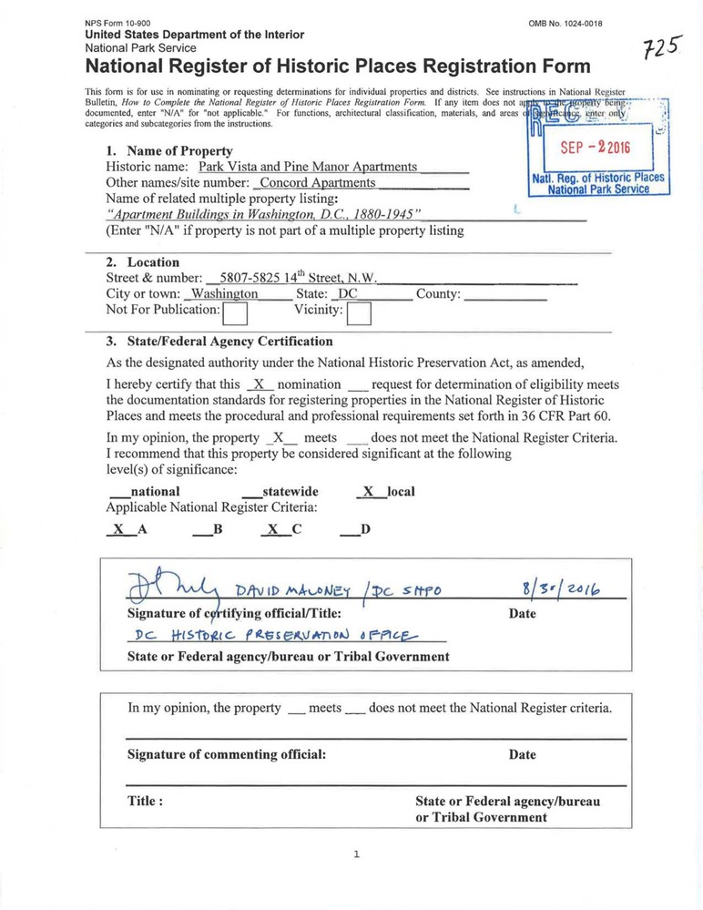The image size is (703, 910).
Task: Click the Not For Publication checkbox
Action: click(236, 314)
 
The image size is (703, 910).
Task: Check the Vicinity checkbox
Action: click(360, 314)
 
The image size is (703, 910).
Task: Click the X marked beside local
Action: click(369, 491)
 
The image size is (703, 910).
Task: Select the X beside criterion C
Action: click(272, 528)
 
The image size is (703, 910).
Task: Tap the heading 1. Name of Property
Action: click(169, 150)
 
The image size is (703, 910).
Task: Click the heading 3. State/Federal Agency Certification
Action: click(219, 342)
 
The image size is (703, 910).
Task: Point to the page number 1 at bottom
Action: click(357, 854)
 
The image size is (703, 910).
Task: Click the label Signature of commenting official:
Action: click(226, 754)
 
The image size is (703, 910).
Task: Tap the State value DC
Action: click(347, 294)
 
